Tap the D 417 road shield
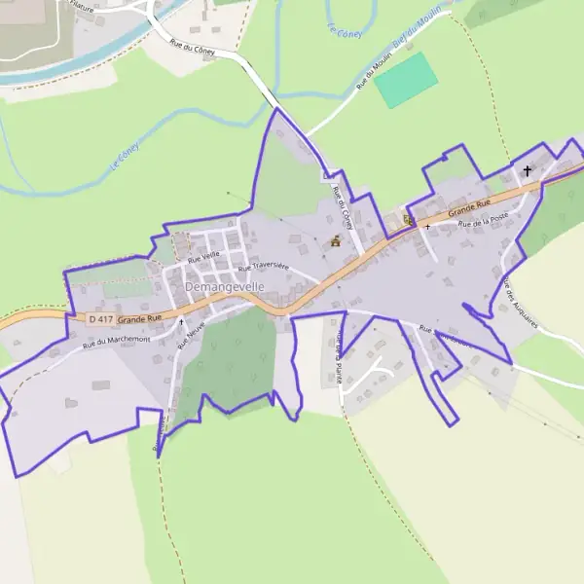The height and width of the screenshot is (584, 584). point(100,319)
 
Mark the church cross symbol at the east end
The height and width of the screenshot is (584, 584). point(528,171)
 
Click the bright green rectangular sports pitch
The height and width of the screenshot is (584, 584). point(407,80)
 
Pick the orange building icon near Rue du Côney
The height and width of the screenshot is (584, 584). point(336,241)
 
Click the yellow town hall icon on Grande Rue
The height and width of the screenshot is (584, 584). point(409,220)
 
